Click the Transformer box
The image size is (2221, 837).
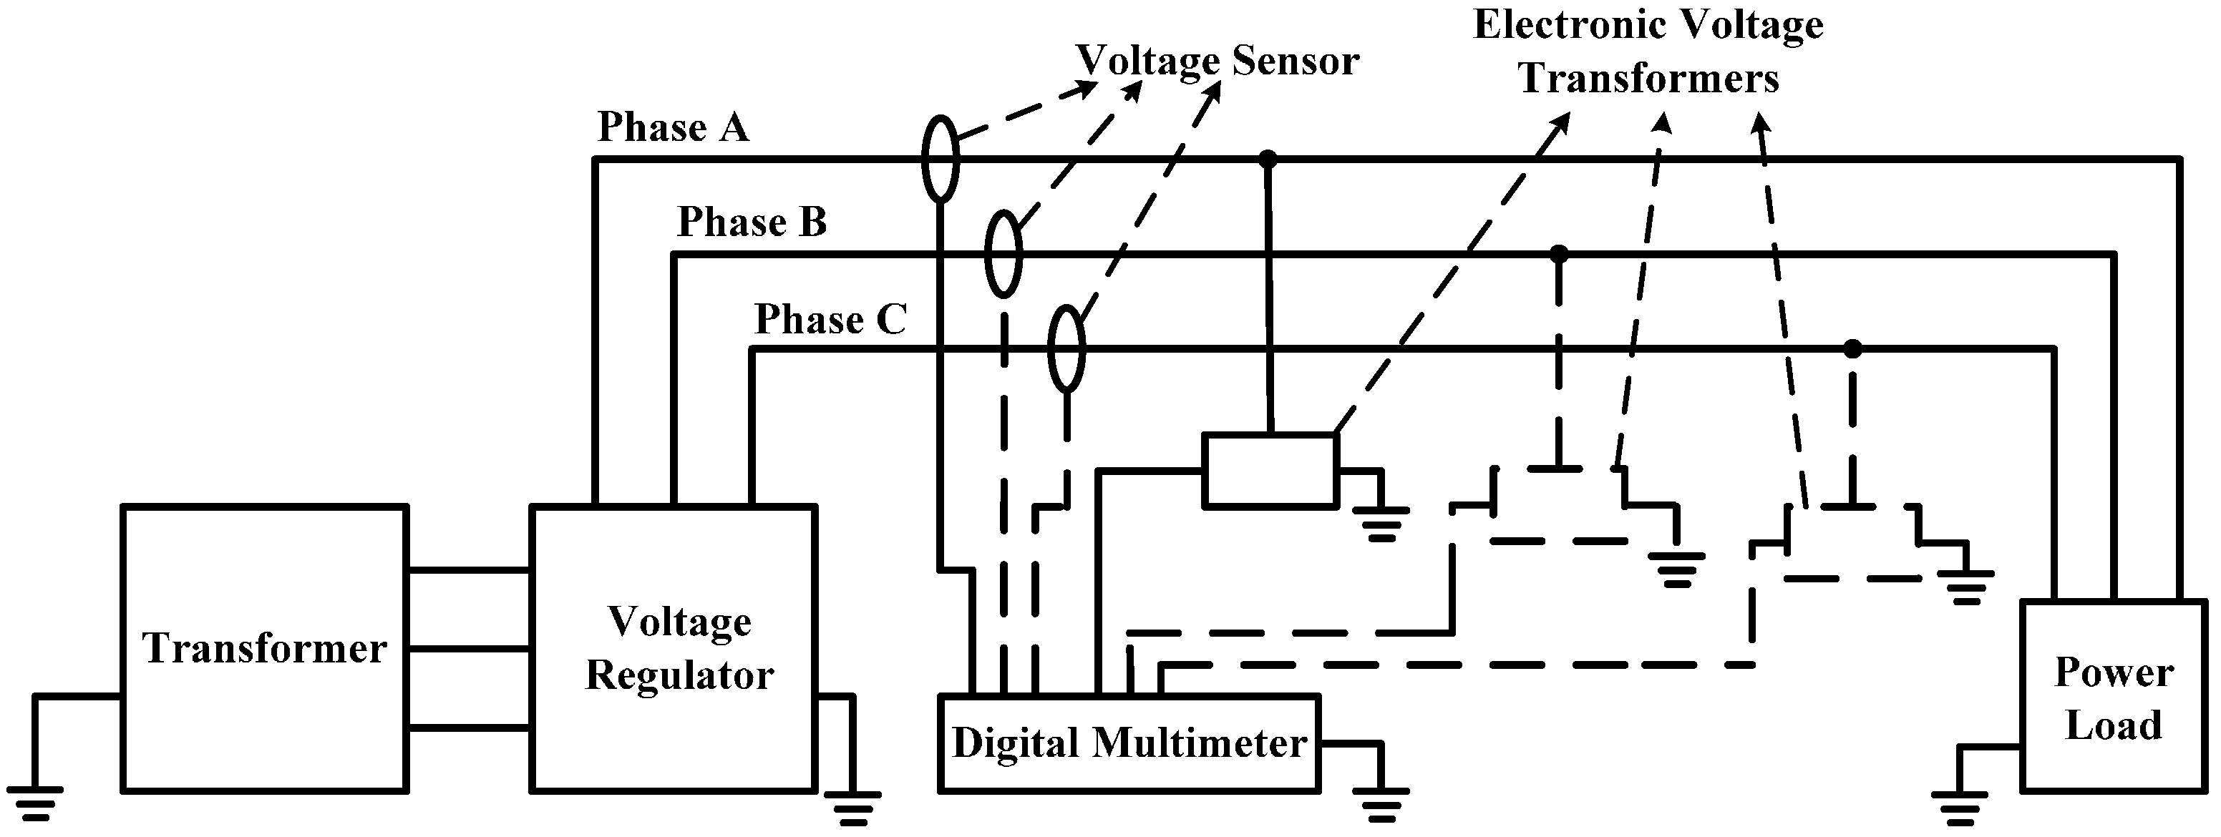(x=264, y=648)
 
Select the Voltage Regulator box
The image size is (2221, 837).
(x=674, y=648)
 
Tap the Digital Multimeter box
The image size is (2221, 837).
(x=1129, y=743)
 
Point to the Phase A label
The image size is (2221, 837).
(x=673, y=127)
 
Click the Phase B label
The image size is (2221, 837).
(x=751, y=222)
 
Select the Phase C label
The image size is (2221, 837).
(x=830, y=320)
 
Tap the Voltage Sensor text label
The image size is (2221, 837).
(x=1218, y=60)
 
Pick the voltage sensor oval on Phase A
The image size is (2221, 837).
(x=940, y=159)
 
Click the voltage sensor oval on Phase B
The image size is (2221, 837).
(x=1003, y=253)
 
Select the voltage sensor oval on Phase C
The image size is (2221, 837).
(x=1066, y=348)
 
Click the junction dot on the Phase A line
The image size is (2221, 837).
(x=1268, y=159)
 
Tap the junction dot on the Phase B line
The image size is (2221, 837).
(x=1559, y=253)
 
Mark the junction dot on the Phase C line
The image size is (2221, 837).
(x=1852, y=349)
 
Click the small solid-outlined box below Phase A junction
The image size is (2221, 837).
(x=1269, y=471)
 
